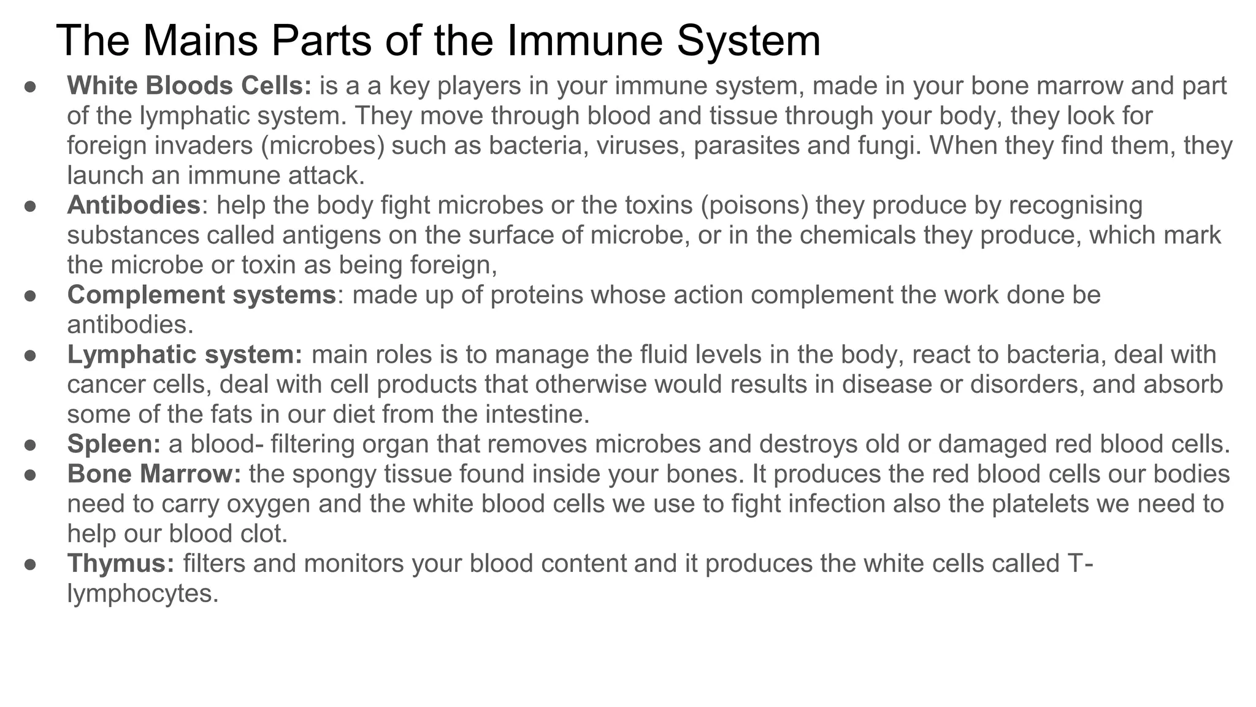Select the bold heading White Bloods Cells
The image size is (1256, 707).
pyautogui.click(x=189, y=86)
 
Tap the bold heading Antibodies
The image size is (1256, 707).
pyautogui.click(x=134, y=205)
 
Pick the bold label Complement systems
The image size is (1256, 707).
pyautogui.click(x=201, y=295)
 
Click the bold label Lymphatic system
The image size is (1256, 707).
pyautogui.click(x=185, y=355)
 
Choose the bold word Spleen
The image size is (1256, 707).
pyautogui.click(x=113, y=444)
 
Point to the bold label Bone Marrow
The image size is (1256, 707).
pyautogui.click(x=154, y=474)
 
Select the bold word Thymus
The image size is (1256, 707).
pyautogui.click(x=121, y=563)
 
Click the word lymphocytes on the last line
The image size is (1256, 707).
pyautogui.click(x=142, y=593)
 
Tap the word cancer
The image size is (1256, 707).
pyautogui.click(x=105, y=385)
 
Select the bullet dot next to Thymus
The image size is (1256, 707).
pyautogui.click(x=30, y=564)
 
